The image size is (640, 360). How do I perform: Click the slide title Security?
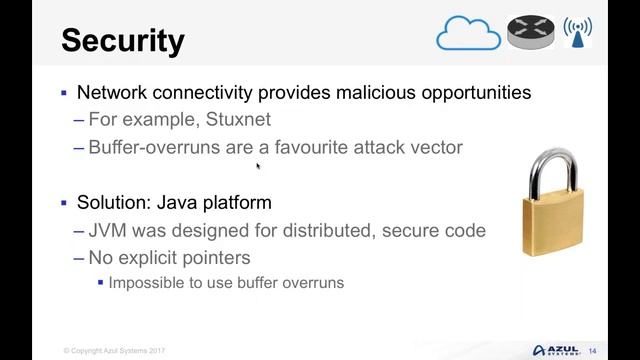click(123, 40)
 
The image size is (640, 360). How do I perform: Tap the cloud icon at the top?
click(467, 35)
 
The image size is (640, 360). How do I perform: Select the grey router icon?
click(530, 32)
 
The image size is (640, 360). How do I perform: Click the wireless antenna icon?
click(577, 32)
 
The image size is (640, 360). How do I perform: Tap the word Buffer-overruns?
click(150, 147)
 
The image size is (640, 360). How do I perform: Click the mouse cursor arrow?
click(258, 167)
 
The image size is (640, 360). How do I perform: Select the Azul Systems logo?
click(556, 350)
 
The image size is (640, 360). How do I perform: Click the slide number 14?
click(592, 351)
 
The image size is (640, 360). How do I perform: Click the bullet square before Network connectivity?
click(65, 93)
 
